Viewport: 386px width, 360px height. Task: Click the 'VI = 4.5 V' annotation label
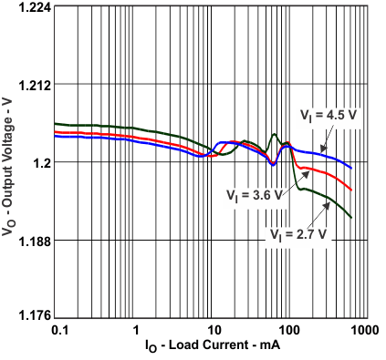click(x=329, y=115)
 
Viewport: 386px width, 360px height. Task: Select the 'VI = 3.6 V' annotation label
click(x=254, y=193)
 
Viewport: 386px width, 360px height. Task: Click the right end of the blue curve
click(x=352, y=168)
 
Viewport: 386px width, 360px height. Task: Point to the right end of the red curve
click(x=352, y=190)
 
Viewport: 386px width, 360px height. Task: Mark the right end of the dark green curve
click(x=352, y=217)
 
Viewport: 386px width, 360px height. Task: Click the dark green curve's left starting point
click(x=55, y=123)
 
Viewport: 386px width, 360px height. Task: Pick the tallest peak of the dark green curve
click(x=273, y=135)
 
